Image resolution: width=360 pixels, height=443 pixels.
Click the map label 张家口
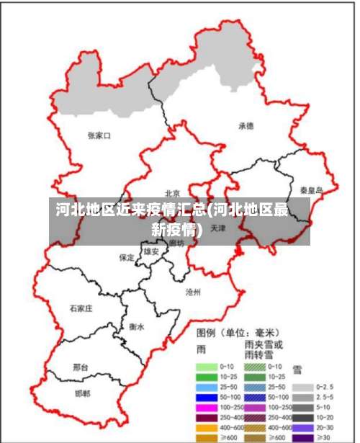click(99, 135)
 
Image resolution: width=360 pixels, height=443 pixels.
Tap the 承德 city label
click(246, 125)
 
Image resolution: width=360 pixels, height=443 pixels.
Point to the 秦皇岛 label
click(312, 191)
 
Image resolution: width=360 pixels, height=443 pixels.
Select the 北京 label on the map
click(172, 193)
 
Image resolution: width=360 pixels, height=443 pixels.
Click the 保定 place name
click(127, 257)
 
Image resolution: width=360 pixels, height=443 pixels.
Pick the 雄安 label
click(151, 252)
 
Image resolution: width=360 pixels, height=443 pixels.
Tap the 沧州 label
click(193, 292)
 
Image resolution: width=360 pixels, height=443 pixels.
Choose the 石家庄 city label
click(81, 308)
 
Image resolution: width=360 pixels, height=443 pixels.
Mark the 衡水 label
click(137, 326)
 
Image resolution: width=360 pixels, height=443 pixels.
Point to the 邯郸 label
click(84, 394)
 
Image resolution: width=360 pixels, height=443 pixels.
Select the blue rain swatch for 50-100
click(207, 397)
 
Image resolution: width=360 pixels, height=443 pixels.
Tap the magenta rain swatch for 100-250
click(207, 408)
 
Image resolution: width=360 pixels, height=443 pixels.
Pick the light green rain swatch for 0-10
click(207, 366)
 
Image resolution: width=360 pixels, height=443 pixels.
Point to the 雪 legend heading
click(297, 370)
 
